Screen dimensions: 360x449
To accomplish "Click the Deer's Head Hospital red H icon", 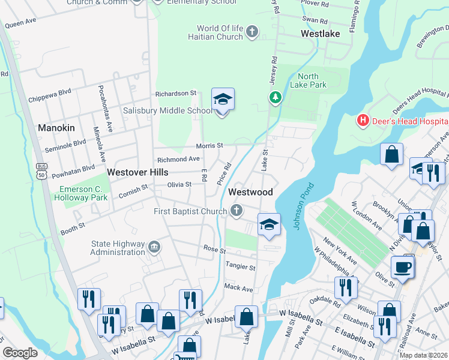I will (363, 121).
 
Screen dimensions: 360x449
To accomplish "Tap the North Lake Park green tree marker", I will (276, 97).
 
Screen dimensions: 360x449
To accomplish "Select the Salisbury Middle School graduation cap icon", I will (223, 100).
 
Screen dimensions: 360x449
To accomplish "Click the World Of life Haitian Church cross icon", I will (252, 32).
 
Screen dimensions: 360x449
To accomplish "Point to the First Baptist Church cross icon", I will (237, 211).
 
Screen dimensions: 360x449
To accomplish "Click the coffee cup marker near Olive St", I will (402, 266).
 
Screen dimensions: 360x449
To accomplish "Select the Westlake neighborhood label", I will (320, 34).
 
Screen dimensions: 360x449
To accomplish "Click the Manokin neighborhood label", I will (56, 128).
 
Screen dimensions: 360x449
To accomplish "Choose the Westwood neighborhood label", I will (250, 192).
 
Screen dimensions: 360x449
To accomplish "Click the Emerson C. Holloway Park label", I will (83, 193).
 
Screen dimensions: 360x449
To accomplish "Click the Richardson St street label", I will (176, 94).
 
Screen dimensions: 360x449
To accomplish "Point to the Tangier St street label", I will (240, 266).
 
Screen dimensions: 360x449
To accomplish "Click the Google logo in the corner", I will (20, 353).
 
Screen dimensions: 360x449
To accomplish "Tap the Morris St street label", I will (209, 146).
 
